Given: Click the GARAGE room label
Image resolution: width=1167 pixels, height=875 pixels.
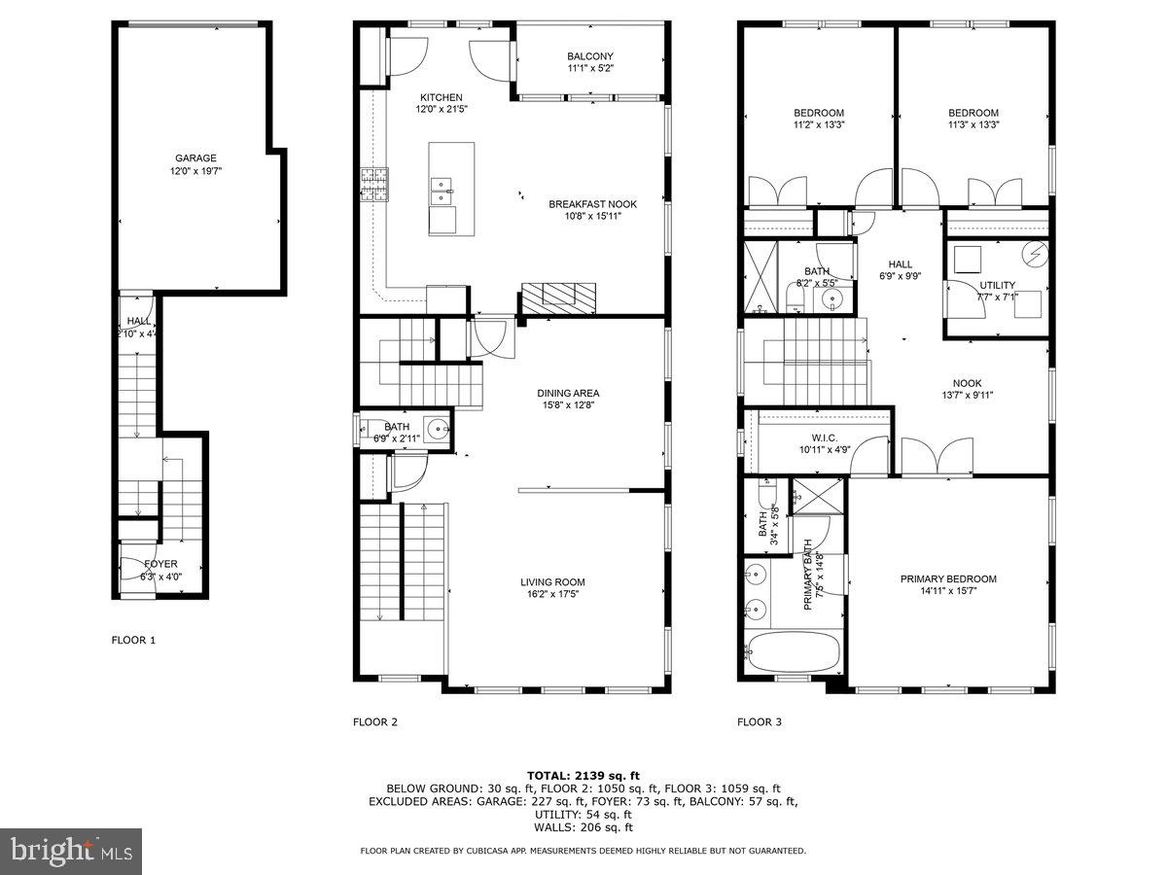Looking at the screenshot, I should [195, 157].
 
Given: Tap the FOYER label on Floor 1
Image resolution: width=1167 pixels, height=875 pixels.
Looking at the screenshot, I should [161, 564].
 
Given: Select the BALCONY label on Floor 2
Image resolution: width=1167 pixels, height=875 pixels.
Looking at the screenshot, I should [590, 55].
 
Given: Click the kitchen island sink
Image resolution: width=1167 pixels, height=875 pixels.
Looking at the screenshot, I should [442, 185].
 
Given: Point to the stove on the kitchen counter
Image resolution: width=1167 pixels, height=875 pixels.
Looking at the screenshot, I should [374, 185].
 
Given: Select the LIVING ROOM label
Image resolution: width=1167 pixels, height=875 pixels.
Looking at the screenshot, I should [552, 582].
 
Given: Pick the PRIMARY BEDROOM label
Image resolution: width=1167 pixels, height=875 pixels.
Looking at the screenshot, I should [947, 578].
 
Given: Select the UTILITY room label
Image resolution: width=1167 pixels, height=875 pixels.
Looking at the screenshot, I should [997, 285].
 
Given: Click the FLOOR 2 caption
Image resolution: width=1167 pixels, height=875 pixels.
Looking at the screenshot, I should [374, 721].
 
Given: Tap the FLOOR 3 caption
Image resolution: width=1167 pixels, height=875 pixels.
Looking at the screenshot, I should [760, 721].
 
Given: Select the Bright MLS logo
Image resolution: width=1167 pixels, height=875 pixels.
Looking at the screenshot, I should [71, 852].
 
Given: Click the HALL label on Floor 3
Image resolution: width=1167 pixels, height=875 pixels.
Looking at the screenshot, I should [900, 263].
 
